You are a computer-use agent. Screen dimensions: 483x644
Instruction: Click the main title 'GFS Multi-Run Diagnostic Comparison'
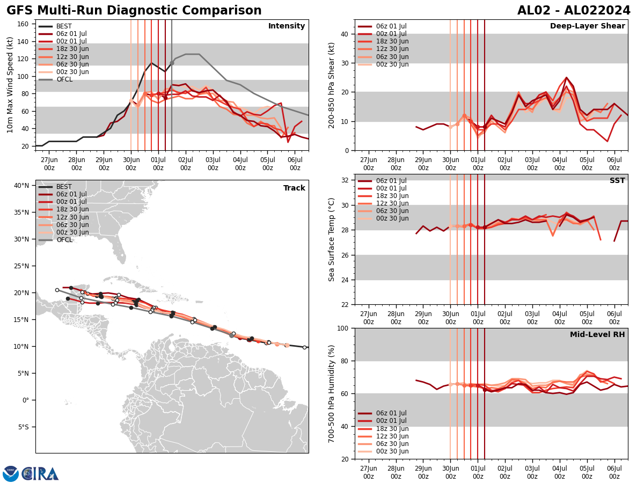(x=134, y=11)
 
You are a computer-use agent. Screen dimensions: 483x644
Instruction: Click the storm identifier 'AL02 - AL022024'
(x=574, y=11)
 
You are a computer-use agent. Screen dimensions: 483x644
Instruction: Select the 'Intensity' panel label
(x=287, y=26)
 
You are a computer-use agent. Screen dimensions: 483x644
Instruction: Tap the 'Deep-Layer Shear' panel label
(x=587, y=26)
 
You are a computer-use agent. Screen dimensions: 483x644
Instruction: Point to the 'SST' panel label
(x=617, y=181)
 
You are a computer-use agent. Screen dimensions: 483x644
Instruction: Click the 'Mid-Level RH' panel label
(x=597, y=335)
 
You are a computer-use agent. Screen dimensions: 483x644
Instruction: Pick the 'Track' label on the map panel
(x=294, y=188)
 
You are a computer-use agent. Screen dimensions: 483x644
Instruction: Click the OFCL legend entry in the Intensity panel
(x=64, y=79)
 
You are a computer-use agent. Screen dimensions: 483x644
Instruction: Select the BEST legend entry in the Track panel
(x=64, y=187)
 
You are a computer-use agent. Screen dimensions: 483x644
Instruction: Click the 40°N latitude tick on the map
(x=21, y=186)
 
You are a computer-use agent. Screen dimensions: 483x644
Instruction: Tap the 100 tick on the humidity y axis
(x=342, y=328)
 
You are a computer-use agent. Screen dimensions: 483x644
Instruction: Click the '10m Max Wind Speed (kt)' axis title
(x=10, y=85)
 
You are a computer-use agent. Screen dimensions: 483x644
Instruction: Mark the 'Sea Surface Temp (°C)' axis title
(x=332, y=239)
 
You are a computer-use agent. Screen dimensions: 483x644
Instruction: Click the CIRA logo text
(x=40, y=474)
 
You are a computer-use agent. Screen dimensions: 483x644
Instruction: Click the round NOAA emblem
(x=11, y=474)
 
